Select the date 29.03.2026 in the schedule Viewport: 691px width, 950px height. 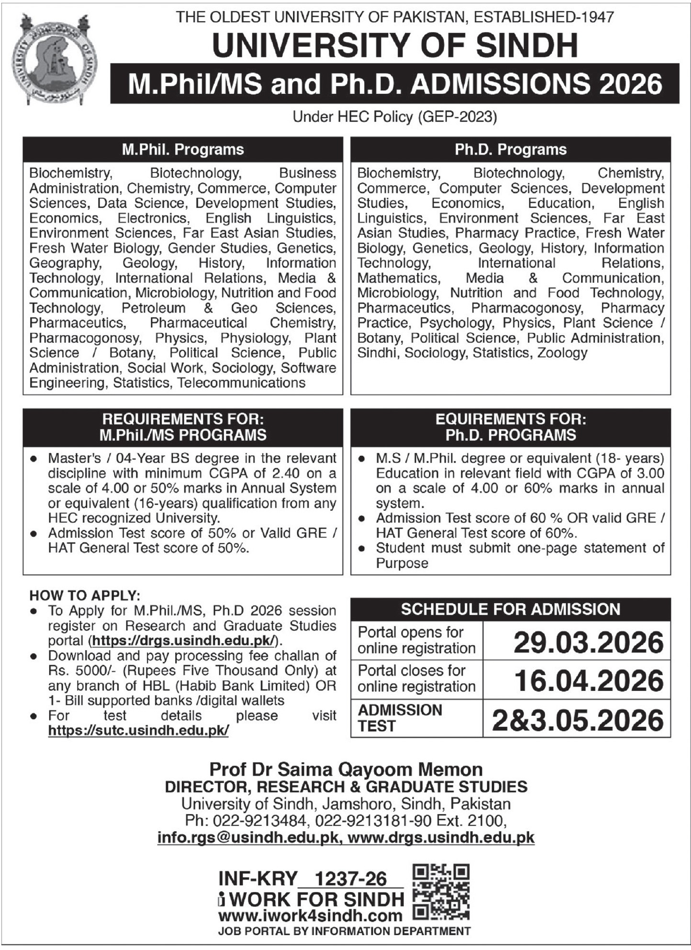pos(589,643)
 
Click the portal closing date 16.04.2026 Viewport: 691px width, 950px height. pos(589,681)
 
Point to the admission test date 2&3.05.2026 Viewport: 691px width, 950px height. pos(578,720)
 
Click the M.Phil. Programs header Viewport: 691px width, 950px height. pos(183,149)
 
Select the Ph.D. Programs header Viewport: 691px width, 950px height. pos(511,149)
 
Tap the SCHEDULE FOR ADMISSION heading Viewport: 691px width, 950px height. pos(511,609)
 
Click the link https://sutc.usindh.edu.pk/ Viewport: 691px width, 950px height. pos(138,731)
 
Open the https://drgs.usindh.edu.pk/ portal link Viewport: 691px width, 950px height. pos(184,641)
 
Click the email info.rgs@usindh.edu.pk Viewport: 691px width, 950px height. pos(247,837)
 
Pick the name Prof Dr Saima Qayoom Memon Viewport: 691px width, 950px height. pos(346,769)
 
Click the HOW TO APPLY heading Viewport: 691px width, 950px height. pos(85,596)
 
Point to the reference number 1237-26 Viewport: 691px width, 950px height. pos(351,879)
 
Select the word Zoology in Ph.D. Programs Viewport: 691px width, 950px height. pos(562,353)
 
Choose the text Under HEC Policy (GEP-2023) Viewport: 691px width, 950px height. pos(395,117)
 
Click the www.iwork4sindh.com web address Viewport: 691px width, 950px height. pos(310,916)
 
